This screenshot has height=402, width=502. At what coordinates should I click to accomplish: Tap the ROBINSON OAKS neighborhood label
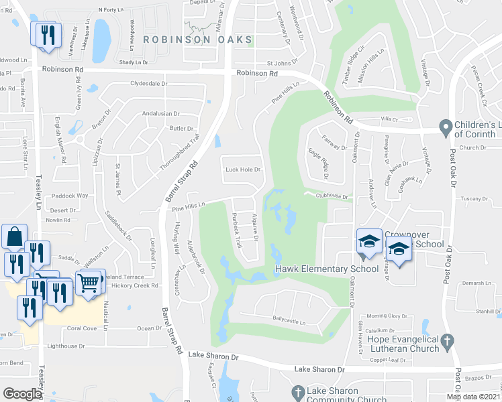tap(197, 40)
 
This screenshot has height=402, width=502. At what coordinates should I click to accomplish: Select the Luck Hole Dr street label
tap(242, 170)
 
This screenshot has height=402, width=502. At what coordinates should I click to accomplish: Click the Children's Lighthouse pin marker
tap(444, 127)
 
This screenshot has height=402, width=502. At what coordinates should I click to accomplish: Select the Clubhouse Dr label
tap(332, 196)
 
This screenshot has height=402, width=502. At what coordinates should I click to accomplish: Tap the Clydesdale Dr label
tap(148, 84)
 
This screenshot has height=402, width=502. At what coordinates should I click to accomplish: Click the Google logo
tap(22, 393)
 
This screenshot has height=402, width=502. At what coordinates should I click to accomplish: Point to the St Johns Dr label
tap(282, 64)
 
